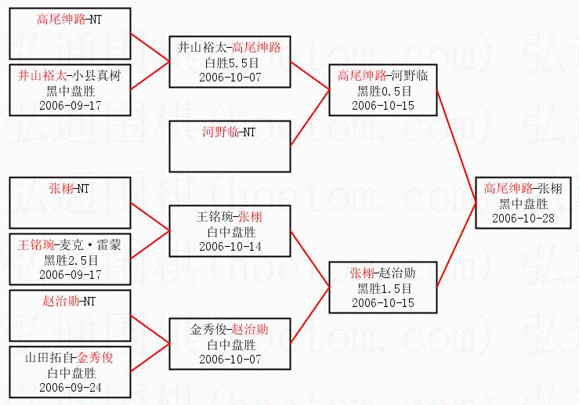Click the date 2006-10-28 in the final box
[523, 218]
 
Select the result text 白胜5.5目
[230, 62]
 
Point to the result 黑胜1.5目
[382, 288]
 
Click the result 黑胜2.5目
[70, 260]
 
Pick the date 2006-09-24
[70, 388]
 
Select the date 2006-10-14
[230, 247]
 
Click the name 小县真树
[94, 77]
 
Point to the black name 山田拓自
[47, 358]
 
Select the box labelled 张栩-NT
[70, 203]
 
